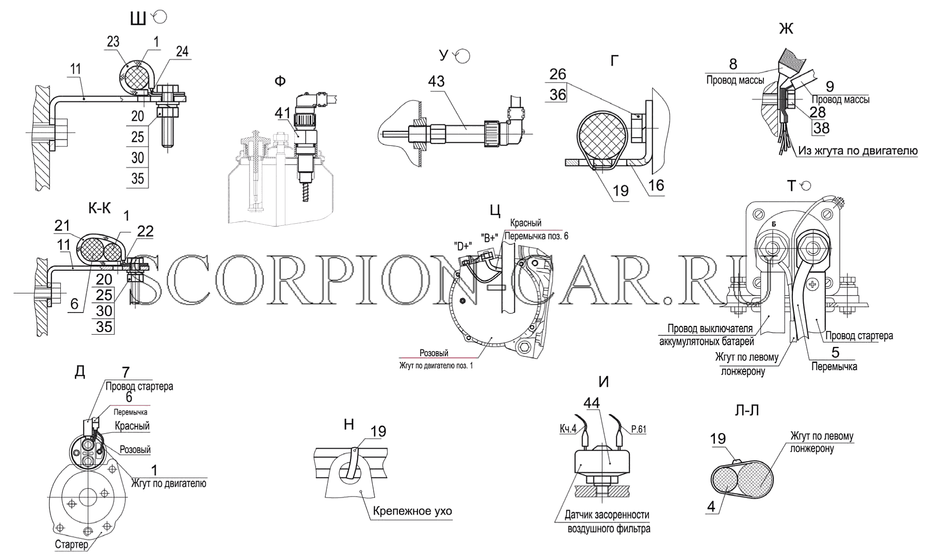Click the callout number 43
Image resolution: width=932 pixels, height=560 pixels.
point(436,81)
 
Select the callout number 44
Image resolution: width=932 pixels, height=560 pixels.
point(592,403)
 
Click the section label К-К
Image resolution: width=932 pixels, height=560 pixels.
point(99,208)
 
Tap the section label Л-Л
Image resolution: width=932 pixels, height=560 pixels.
point(747,410)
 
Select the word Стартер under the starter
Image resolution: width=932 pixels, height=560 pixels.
point(72,545)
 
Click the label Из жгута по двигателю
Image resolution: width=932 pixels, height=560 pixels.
point(858,151)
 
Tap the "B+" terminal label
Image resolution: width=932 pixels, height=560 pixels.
point(490,237)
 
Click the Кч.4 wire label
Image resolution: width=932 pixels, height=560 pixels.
point(568,429)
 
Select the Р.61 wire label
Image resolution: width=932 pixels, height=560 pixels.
point(638,429)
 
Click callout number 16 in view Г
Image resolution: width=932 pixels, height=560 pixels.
point(656,185)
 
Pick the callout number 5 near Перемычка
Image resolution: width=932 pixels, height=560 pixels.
point(835,352)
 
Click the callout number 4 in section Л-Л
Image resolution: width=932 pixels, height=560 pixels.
point(711,506)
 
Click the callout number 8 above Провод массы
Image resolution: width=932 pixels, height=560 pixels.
point(733,64)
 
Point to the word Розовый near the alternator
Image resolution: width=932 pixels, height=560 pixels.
point(434,353)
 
